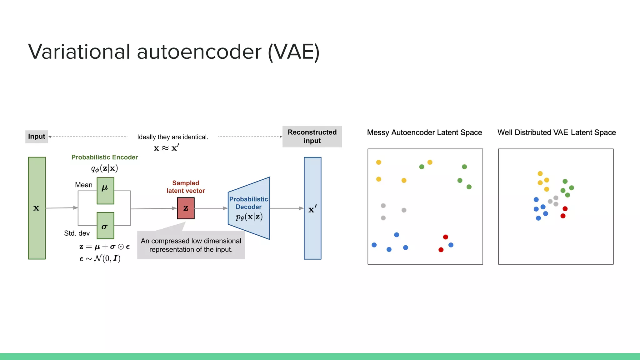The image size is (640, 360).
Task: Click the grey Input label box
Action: (37, 137)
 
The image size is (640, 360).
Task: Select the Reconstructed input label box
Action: (312, 137)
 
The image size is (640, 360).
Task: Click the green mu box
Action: (105, 191)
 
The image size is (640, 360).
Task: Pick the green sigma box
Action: (105, 225)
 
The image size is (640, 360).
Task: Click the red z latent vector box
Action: (186, 208)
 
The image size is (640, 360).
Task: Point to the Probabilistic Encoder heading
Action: (104, 157)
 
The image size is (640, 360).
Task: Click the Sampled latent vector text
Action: (186, 187)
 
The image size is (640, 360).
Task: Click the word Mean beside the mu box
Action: (84, 185)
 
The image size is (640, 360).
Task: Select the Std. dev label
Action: (77, 233)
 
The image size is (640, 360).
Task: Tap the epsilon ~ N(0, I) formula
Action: (100, 258)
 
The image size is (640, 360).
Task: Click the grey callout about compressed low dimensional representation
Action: (191, 245)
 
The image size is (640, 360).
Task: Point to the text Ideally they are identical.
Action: (172, 137)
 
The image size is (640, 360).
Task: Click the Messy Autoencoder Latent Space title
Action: (424, 132)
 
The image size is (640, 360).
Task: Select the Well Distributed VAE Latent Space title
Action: (557, 132)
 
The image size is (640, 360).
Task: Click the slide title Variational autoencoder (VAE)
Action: (174, 52)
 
